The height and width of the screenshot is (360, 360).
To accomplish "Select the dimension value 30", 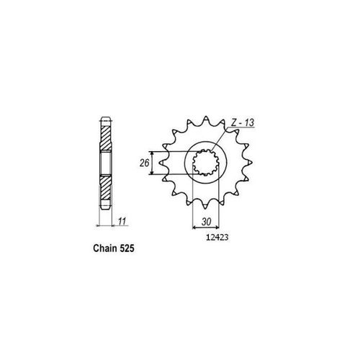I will (206, 222).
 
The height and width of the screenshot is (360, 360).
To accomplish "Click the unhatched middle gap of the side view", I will (105, 165).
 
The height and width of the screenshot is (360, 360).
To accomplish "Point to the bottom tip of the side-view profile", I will (105, 214).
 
